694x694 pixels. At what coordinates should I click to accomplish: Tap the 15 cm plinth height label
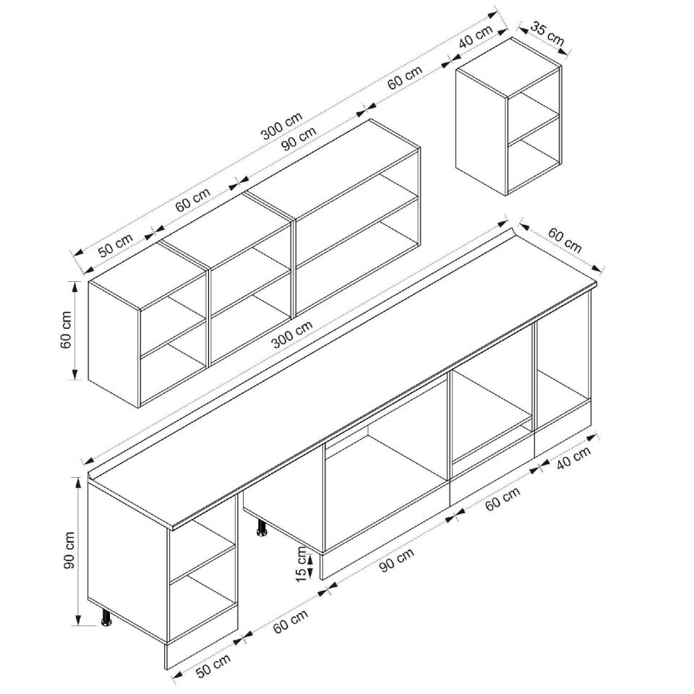click(301, 563)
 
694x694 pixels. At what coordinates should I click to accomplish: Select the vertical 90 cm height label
click(69, 550)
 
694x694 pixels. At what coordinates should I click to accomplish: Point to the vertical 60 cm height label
click(66, 330)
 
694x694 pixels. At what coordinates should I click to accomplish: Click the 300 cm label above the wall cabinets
click(281, 126)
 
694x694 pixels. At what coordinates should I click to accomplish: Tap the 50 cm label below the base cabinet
click(213, 666)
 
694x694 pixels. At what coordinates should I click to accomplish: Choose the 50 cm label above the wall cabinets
click(116, 245)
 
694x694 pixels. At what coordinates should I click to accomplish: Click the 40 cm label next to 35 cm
click(476, 37)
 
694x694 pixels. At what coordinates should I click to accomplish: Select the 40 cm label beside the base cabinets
click(573, 458)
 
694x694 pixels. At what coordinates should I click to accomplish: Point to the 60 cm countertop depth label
click(565, 240)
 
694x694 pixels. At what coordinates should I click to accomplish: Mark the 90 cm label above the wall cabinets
click(299, 139)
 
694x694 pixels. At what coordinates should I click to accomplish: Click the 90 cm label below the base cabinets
click(397, 560)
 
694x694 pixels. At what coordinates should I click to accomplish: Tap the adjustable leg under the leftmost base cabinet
click(107, 617)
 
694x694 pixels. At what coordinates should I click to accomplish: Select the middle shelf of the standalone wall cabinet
click(534, 129)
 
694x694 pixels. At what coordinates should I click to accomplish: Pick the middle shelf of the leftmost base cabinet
click(202, 562)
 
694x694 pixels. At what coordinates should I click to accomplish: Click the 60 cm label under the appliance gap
click(291, 622)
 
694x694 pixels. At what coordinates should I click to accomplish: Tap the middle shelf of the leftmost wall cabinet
click(173, 335)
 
